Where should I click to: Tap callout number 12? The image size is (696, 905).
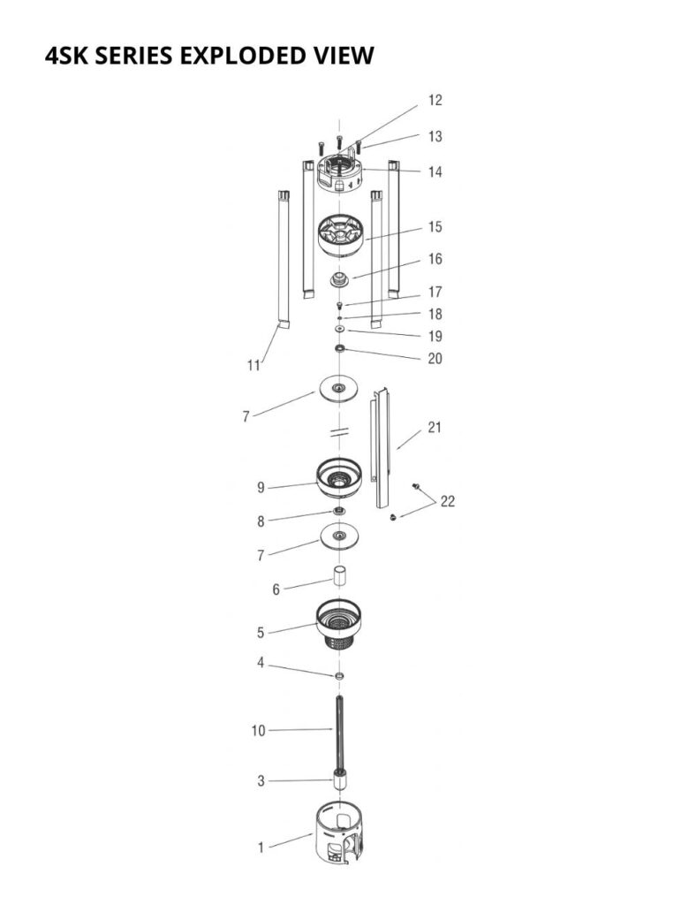click(435, 101)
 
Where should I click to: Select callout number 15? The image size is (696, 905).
click(435, 227)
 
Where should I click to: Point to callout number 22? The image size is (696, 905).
click(448, 502)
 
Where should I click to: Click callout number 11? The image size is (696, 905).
click(253, 365)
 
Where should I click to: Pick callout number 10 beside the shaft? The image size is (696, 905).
click(258, 731)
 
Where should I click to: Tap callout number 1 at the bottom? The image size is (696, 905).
click(261, 848)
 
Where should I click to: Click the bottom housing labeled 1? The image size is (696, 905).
click(340, 832)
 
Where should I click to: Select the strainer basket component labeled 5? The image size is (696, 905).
click(339, 625)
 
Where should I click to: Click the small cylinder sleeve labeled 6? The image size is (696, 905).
click(339, 576)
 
